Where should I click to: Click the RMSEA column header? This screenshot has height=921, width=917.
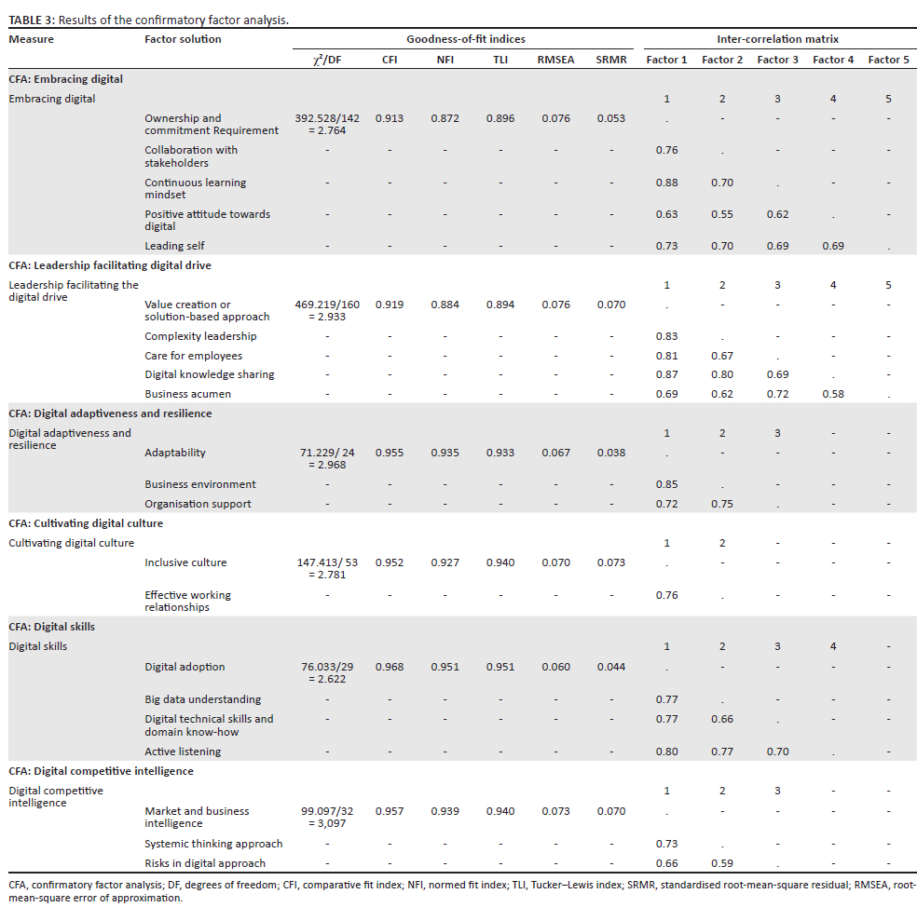pyautogui.click(x=555, y=60)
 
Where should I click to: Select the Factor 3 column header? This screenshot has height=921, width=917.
pyautogui.click(x=777, y=60)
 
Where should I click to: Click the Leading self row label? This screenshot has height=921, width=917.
pyautogui.click(x=174, y=246)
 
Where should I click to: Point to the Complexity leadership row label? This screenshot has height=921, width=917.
pyautogui.click(x=200, y=336)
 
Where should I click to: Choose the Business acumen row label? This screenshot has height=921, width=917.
pyautogui.click(x=187, y=394)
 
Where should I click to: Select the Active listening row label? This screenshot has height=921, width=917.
pyautogui.click(x=183, y=752)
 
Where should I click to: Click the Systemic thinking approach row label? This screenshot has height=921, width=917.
pyautogui.click(x=213, y=844)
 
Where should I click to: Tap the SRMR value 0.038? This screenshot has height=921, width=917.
pyautogui.click(x=610, y=453)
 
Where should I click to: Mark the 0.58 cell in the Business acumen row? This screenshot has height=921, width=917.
pyautogui.click(x=832, y=394)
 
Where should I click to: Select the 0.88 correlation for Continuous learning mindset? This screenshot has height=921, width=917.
pyautogui.click(x=666, y=183)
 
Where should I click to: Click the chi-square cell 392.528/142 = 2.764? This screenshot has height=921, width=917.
pyautogui.click(x=326, y=125)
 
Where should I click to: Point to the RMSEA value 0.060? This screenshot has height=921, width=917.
pyautogui.click(x=555, y=667)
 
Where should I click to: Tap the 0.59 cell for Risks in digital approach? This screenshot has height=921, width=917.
pyautogui.click(x=721, y=863)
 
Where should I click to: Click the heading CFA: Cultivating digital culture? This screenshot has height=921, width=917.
pyautogui.click(x=86, y=523)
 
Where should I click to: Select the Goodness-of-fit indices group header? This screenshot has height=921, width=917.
pyautogui.click(x=465, y=39)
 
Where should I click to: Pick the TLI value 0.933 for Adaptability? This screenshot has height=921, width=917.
pyautogui.click(x=500, y=453)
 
